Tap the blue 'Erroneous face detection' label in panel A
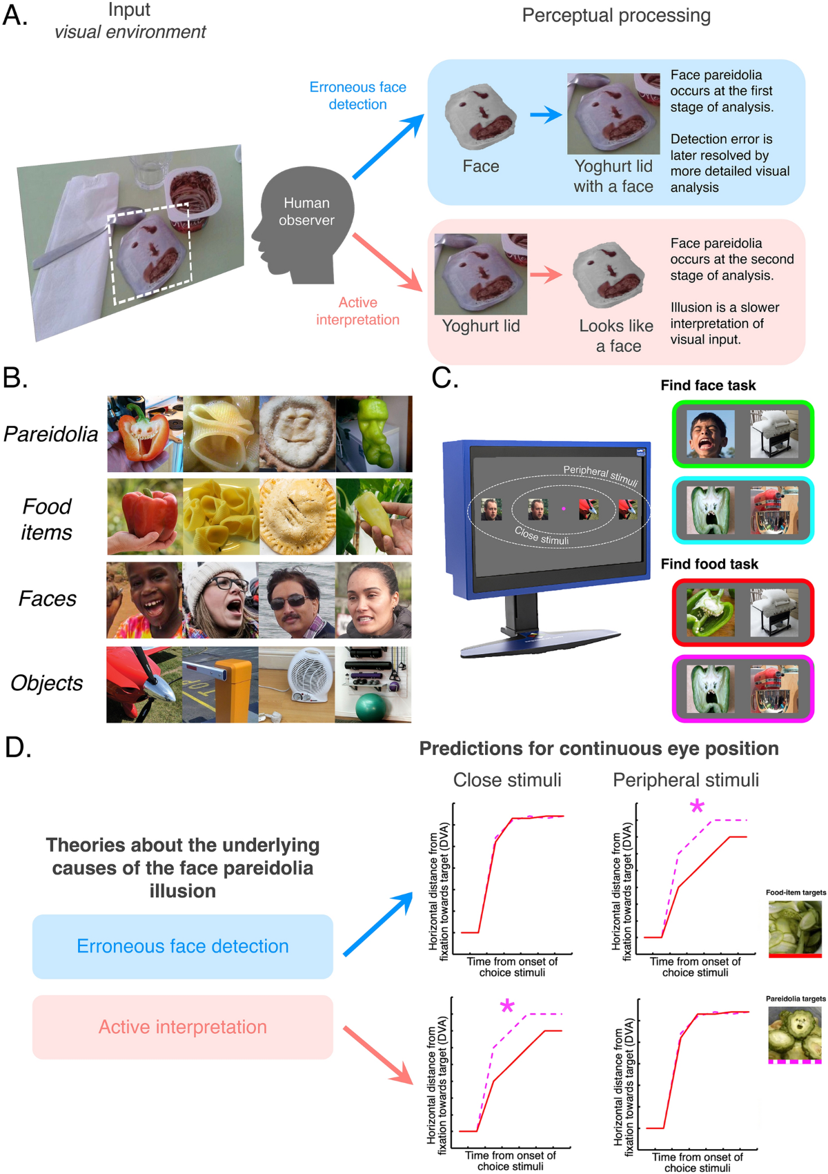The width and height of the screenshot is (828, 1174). (x=357, y=96)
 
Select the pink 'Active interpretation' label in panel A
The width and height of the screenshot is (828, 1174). (x=357, y=311)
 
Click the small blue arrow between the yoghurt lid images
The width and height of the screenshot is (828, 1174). (x=546, y=114)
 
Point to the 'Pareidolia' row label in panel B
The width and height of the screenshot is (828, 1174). (x=51, y=434)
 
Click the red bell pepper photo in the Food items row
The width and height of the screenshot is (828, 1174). (x=145, y=516)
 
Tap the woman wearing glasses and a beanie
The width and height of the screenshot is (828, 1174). (x=220, y=599)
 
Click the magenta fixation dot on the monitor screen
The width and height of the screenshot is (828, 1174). (x=564, y=509)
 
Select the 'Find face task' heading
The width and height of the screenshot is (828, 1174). (x=708, y=386)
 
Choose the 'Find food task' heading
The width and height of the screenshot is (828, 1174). (x=709, y=565)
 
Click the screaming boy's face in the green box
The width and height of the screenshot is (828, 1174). (x=711, y=433)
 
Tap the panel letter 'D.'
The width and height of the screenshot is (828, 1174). (x=18, y=747)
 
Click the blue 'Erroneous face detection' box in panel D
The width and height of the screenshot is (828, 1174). (x=183, y=946)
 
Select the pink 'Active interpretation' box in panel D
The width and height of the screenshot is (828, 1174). (x=183, y=1027)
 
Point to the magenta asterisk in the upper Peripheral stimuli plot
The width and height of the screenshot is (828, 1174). (x=697, y=807)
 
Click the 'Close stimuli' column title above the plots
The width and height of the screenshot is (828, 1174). (x=507, y=780)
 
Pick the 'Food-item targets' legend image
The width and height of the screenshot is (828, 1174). (x=795, y=927)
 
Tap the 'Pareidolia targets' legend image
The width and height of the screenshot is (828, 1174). (x=795, y=1033)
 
